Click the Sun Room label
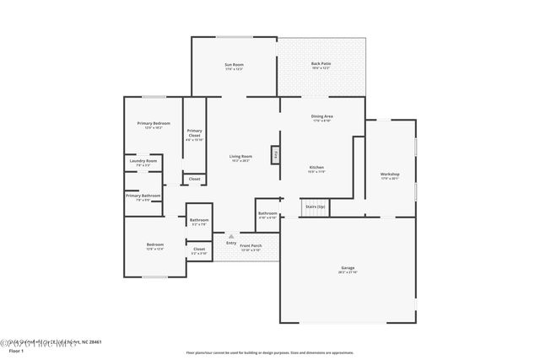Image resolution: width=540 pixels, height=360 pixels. point(234,65)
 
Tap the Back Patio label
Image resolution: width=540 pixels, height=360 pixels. point(321,65)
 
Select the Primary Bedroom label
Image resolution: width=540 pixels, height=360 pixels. point(154,124)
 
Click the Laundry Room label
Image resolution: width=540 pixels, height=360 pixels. point(143,161)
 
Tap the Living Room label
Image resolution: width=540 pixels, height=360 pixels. point(241,156)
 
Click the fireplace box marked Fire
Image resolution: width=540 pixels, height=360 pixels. point(275,155)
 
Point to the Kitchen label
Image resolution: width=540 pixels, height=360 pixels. point(316,167)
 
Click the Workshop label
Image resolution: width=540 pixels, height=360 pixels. point(390,175)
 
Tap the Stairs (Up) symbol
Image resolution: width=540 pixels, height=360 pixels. point(314,207)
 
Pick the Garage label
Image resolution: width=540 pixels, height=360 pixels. point(348,269)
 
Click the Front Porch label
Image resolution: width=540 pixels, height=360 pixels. point(251,245)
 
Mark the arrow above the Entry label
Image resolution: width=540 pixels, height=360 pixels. point(231,236)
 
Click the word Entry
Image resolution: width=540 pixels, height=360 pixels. point(231,243)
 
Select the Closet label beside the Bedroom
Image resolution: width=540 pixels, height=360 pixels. point(199,249)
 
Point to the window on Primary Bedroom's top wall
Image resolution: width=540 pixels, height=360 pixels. point(154,96)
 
